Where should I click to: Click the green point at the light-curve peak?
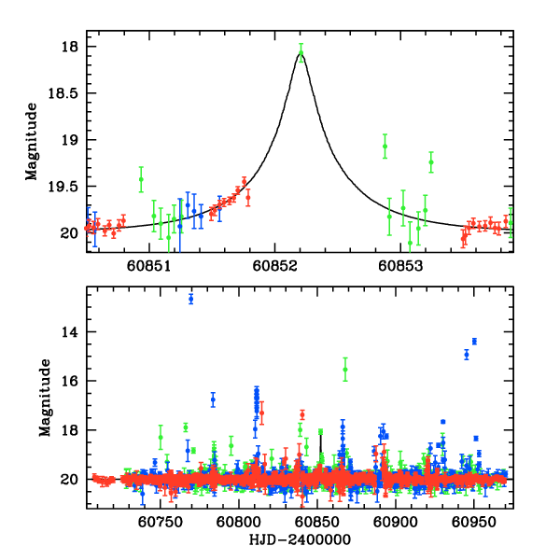click(x=301, y=54)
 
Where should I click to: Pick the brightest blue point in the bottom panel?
click(x=191, y=299)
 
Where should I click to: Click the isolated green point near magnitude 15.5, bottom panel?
click(x=345, y=370)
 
